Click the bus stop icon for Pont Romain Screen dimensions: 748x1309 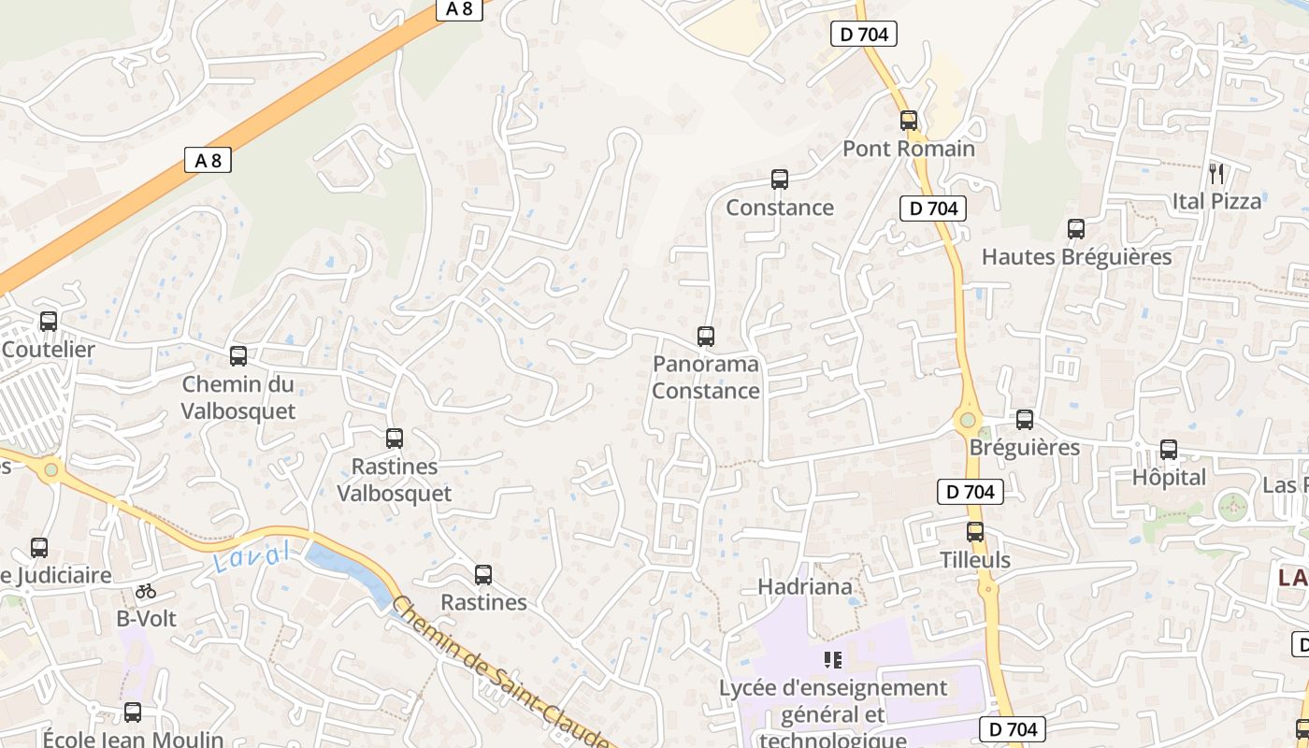coord(908,121)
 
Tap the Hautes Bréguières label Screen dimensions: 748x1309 coord(1076,257)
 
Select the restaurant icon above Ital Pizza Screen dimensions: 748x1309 coord(1216,173)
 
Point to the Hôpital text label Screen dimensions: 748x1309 coord(1169,478)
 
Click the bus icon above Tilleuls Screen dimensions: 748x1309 coord(975,532)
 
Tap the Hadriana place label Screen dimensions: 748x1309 coord(805,587)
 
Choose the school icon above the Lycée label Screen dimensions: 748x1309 coord(832,660)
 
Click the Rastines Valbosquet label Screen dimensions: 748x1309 coord(395,480)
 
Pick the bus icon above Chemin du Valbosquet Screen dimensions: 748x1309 coord(238,356)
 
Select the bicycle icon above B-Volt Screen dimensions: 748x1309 coord(146,591)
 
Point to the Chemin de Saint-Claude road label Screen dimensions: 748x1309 coord(500,673)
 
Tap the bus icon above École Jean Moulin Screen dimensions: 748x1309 coord(133,712)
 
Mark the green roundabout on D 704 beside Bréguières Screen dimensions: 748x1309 coord(968,422)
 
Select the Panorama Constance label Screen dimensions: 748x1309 coord(706,378)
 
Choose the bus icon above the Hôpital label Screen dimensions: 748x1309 coord(1169,450)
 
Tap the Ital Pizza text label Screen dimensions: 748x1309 coord(1216,201)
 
